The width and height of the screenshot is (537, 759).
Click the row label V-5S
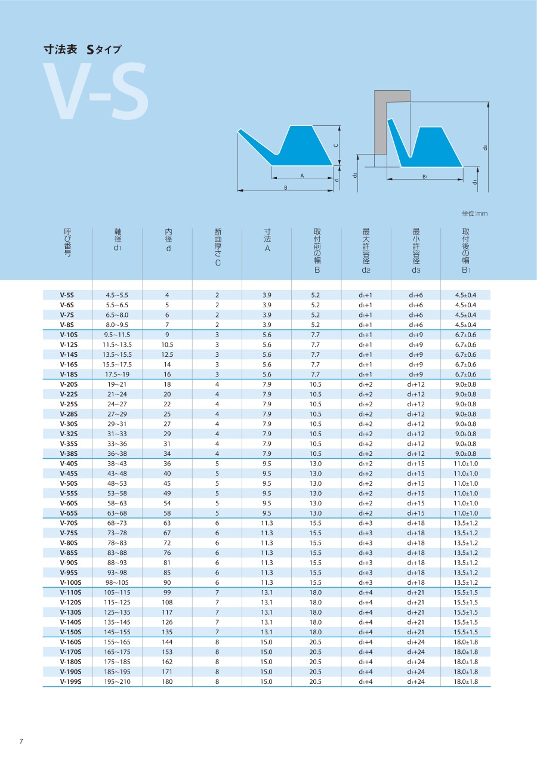tap(67, 295)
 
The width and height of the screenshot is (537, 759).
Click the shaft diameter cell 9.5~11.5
tap(117, 335)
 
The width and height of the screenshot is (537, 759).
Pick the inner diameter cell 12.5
tap(167, 354)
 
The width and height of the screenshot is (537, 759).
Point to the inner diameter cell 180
tap(167, 681)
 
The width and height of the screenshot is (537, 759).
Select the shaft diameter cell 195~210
tap(117, 681)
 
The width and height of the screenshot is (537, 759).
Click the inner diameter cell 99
tap(167, 593)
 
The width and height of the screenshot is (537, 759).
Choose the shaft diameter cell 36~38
tap(117, 453)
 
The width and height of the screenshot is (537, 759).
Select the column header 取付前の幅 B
tap(317, 251)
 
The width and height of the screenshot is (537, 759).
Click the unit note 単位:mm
tap(475, 214)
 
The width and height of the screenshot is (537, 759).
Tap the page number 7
tap(21, 741)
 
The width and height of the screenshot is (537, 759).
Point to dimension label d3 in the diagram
tap(486, 147)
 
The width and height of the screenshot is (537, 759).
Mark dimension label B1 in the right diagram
tap(425, 177)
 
